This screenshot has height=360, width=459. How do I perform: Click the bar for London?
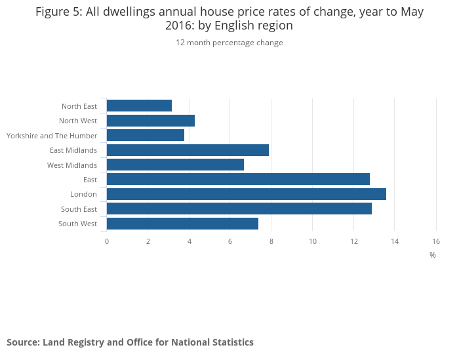[x=246, y=194]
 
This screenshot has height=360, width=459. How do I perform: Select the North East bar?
[x=139, y=106]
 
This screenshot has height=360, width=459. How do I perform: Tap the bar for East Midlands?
[x=188, y=150]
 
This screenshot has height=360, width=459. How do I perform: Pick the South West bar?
[x=182, y=224]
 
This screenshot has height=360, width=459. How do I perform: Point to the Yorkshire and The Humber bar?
[x=146, y=135]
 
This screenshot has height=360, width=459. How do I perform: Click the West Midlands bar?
[x=175, y=165]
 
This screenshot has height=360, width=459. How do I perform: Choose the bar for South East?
[x=239, y=209]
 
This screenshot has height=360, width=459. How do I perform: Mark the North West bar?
[x=151, y=121]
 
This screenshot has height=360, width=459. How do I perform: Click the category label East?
[x=90, y=180]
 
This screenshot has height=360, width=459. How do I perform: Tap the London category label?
[x=83, y=194]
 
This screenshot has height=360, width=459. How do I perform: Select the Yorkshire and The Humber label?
[x=52, y=136]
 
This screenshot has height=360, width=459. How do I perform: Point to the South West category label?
[x=77, y=224]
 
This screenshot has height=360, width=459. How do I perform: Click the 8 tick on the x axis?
[x=271, y=241]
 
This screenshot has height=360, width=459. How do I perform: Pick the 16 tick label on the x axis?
[x=436, y=241]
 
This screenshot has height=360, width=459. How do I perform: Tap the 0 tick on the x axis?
[x=107, y=241]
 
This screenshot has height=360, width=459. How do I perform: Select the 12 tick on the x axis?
[x=353, y=241]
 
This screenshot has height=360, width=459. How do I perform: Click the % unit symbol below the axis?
[x=433, y=254]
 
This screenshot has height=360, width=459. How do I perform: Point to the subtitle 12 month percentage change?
[x=229, y=43]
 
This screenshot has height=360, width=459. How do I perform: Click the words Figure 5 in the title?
[x=59, y=12]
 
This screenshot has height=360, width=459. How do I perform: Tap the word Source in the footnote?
[x=22, y=342]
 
